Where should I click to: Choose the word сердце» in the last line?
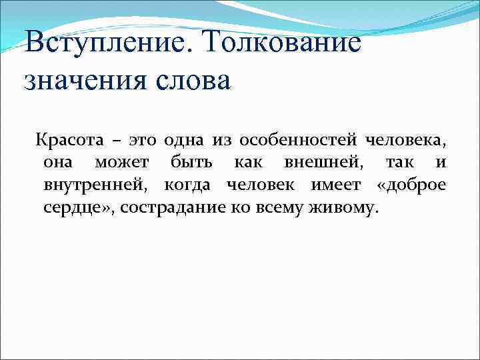coord(73,207)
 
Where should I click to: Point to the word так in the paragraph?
coord(399,163)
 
